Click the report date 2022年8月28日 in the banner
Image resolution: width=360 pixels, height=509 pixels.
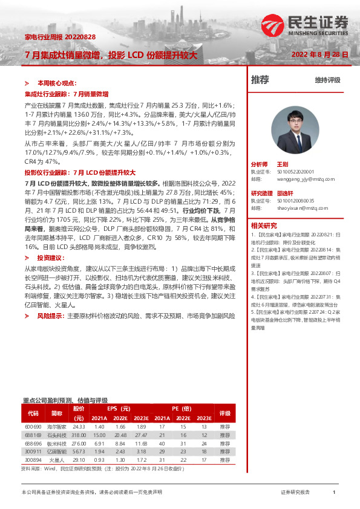320,54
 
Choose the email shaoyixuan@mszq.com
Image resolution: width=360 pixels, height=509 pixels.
295,208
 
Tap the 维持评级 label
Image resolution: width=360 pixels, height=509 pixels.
327,80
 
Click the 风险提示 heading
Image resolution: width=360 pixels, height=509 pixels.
50,316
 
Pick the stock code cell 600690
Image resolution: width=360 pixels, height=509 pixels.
33,427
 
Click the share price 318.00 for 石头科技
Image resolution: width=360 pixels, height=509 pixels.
79,435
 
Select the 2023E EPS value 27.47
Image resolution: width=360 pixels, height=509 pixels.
140,435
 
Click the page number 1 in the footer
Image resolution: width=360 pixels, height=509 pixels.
333,493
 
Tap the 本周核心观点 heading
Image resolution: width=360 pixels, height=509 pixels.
56,83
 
